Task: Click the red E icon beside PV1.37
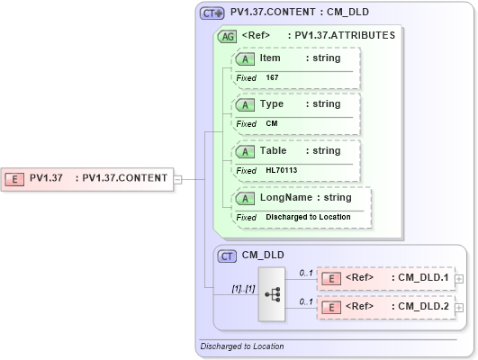click(14, 178)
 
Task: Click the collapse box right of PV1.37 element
click(177, 178)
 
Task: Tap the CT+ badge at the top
click(212, 13)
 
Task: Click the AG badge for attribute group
click(228, 37)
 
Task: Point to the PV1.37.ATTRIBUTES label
click(340, 36)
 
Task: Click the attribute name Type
click(271, 104)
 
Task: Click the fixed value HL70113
click(282, 170)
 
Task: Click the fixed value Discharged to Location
click(308, 217)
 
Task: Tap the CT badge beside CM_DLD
click(228, 256)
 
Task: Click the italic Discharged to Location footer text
click(242, 346)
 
